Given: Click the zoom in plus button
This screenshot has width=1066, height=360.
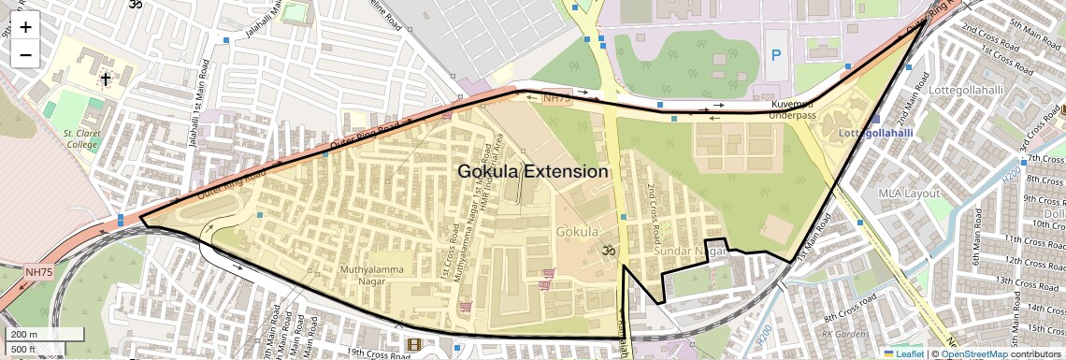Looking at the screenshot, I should [x=25, y=26].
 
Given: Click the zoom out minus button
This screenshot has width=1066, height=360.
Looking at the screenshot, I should [x=25, y=54].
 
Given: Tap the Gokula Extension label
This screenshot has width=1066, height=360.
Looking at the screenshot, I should [x=533, y=172].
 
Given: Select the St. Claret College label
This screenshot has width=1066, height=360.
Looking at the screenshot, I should [x=80, y=139].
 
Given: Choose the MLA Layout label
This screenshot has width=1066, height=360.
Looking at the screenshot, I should [x=908, y=193].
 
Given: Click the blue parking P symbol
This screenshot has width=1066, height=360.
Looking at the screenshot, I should [x=775, y=56].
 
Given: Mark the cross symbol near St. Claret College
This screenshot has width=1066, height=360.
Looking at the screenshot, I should [x=106, y=79].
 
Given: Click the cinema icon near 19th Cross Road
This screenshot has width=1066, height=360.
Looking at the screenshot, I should [x=414, y=344].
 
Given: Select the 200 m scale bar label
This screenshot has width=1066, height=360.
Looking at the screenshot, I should [x=25, y=335].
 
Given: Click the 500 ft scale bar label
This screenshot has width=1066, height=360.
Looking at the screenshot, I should [x=24, y=349].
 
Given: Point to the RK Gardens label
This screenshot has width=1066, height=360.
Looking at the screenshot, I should [x=840, y=333].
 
